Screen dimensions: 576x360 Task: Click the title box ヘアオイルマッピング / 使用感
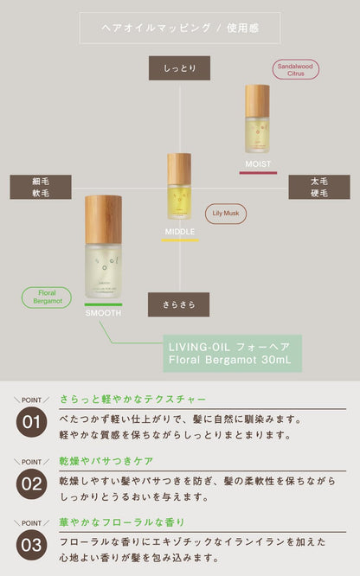click(x=179, y=28)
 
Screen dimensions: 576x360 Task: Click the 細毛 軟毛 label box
click(x=41, y=187)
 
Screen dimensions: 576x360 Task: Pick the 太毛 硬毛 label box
click(x=319, y=187)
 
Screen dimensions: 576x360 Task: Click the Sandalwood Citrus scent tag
click(x=296, y=70)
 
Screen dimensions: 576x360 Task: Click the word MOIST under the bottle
click(x=258, y=163)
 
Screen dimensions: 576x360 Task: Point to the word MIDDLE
click(x=179, y=232)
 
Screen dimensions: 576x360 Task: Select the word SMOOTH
click(x=104, y=313)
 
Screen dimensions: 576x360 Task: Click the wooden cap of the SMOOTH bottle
click(x=104, y=219)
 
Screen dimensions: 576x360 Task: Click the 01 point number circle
click(x=30, y=422)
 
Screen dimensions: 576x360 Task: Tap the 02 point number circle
click(x=30, y=483)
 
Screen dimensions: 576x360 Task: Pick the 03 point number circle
click(x=30, y=545)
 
